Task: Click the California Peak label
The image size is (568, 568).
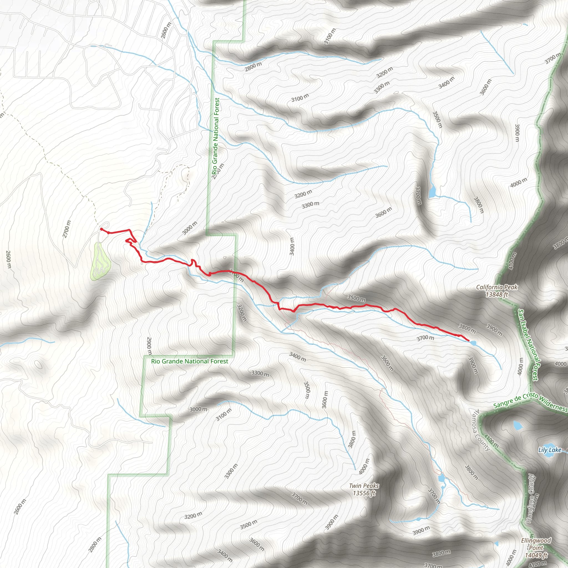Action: tap(496, 291)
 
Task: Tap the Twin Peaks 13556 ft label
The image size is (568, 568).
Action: tap(364, 489)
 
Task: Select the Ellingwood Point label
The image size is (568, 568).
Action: tap(536, 547)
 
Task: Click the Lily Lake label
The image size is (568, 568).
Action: tap(549, 450)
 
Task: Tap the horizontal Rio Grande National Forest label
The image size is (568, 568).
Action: tap(190, 361)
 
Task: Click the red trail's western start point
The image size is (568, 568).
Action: tap(102, 229)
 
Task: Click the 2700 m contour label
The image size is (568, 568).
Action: tap(67, 229)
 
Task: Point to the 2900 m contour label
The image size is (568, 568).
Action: tap(149, 346)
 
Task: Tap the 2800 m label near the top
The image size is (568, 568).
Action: tap(253, 67)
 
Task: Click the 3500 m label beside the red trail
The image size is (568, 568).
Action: tap(356, 298)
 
